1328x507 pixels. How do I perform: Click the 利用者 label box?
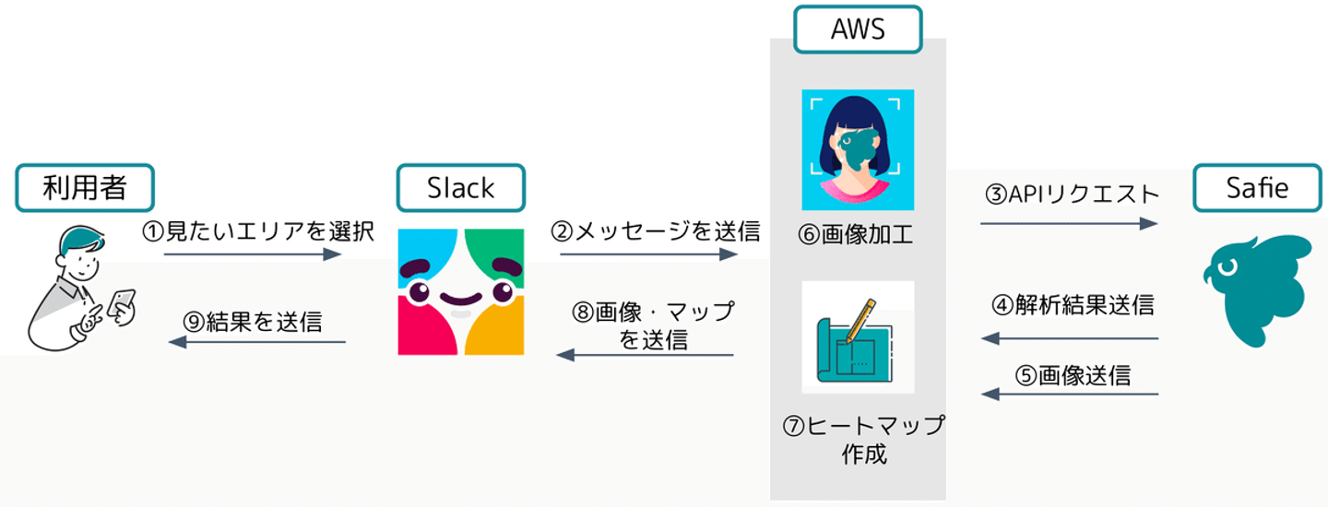coord(85,188)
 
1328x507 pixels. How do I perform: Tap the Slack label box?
coord(461,188)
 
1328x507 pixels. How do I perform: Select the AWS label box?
coord(858,29)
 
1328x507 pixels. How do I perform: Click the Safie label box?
coord(1258,188)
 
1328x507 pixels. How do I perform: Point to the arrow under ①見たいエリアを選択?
coord(253,254)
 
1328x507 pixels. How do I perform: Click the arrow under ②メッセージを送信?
coord(648,254)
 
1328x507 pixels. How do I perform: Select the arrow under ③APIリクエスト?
coord(1069,223)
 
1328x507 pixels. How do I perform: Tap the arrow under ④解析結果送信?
coord(1070,338)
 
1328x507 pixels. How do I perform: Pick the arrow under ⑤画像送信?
coord(1070,394)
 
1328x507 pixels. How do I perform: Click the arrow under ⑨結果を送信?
coord(256,342)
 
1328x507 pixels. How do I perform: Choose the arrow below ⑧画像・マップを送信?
coord(645,355)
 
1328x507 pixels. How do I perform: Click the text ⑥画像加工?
coord(855,234)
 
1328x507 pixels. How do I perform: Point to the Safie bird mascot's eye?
coord(1227,267)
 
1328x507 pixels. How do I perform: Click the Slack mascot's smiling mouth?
coord(461,298)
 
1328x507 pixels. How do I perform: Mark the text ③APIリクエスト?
coord(1072,194)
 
